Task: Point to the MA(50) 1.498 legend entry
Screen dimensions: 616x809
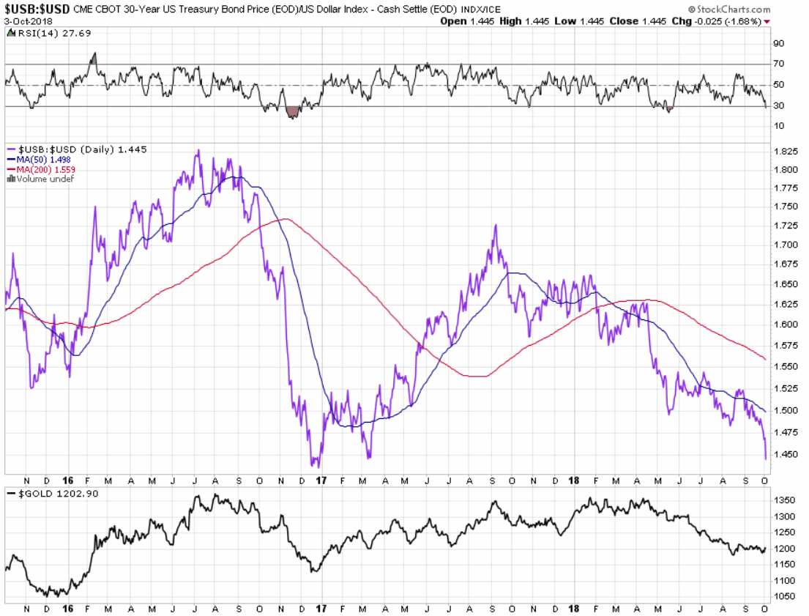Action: click(38, 159)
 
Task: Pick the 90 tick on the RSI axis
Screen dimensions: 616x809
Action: click(779, 43)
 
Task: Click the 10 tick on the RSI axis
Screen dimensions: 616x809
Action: click(779, 126)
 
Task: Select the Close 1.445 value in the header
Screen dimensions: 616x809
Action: click(638, 21)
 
